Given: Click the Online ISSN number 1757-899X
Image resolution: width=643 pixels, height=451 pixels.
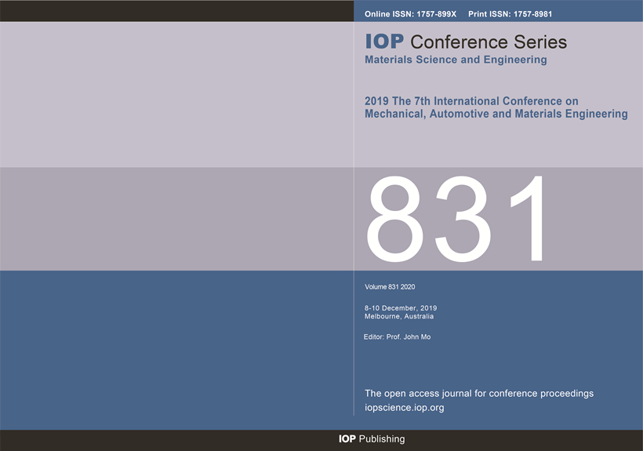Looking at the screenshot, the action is coord(436,14).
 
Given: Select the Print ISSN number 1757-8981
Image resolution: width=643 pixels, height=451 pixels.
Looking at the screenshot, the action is coord(532,14).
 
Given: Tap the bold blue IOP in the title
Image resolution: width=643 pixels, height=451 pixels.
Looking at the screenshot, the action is coord(384,42).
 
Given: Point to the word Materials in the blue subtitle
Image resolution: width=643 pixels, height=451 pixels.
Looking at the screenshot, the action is coord(388,60).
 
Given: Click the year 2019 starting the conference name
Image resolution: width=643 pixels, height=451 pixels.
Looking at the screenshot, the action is coord(376,101).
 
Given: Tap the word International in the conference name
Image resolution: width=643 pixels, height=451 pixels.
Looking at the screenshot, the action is coord(467,101).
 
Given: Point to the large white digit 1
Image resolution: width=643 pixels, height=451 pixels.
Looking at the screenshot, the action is coord(529,218).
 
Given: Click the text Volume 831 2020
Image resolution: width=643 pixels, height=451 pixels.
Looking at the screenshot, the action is coord(390,287).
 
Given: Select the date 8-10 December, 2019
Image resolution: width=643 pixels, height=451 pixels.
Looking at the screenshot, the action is coord(401,308).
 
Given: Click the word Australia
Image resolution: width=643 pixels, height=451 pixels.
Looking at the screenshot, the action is coord(419,317).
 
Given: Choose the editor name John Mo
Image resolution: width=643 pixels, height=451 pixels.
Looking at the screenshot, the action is coord(417,337).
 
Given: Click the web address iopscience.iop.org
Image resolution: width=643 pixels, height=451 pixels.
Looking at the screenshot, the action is coord(405,408).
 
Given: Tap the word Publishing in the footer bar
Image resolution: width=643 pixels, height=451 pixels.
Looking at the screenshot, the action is coord(382,439).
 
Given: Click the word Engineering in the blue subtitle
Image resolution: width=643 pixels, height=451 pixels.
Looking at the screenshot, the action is coord(515,60).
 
